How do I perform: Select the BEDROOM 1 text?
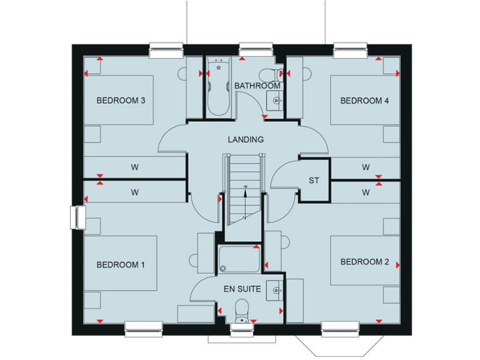(x=121, y=265)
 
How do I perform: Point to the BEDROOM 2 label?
(x=364, y=262)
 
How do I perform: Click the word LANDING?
(x=246, y=140)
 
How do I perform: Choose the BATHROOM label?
(x=257, y=86)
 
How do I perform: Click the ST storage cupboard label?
(x=314, y=181)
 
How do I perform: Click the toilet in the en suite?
(x=240, y=310)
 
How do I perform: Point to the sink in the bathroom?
(x=274, y=99)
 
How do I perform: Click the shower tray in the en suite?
(x=239, y=259)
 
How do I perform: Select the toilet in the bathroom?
(x=269, y=72)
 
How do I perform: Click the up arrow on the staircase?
(x=245, y=194)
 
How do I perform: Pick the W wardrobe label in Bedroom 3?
(x=134, y=167)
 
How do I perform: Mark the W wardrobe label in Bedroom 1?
(x=134, y=192)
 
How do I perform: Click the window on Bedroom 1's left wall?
(x=78, y=217)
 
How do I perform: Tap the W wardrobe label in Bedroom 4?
(x=366, y=167)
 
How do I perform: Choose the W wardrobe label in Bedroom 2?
(x=366, y=192)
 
